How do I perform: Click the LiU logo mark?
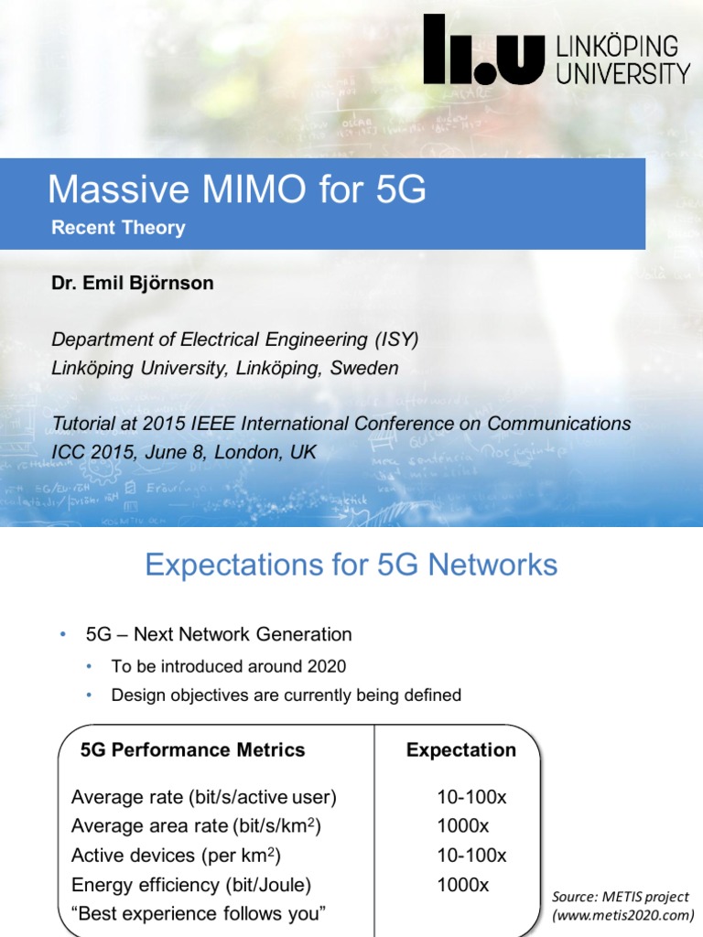pos(483,53)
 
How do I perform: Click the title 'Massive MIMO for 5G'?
pos(236,189)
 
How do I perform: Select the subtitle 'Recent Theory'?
pos(118,228)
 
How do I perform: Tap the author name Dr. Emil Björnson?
pos(133,283)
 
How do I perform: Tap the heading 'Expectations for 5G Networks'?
pos(351,565)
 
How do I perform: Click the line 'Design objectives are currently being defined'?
pos(286,695)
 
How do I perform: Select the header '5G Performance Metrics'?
pos(192,750)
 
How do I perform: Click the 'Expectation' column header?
pos(460,750)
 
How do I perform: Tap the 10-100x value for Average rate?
pos(471,797)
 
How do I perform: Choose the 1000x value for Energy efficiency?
pos(463,885)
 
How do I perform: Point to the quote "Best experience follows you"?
pos(199,913)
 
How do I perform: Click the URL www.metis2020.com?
pos(622,914)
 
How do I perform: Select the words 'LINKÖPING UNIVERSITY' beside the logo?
pos(623,60)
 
